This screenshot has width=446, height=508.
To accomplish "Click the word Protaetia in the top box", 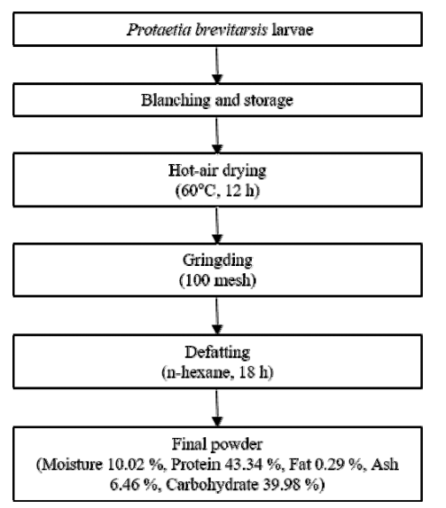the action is (159, 30).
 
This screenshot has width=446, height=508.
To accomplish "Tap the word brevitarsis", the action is (231, 30).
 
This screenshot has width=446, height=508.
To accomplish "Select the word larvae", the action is (293, 30).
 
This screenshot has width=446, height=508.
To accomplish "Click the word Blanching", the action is (176, 100).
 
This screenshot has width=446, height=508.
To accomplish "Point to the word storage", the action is (269, 101).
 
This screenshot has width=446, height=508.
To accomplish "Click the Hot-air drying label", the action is (217, 171).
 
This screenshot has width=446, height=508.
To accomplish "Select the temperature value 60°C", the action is (197, 191).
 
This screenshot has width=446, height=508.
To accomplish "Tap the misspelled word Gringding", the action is (217, 261).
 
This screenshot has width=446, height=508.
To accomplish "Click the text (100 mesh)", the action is (217, 280).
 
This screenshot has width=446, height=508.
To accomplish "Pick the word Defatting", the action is (217, 353).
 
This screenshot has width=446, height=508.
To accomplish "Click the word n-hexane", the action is (200, 372).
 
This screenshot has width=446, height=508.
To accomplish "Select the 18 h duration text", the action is (254, 372).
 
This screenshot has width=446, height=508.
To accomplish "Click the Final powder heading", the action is (217, 444).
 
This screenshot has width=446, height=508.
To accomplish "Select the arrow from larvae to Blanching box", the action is (217, 65).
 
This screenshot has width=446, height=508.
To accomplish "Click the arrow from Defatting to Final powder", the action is (217, 408).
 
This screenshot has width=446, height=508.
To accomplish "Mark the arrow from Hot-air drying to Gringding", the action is (217, 225).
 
